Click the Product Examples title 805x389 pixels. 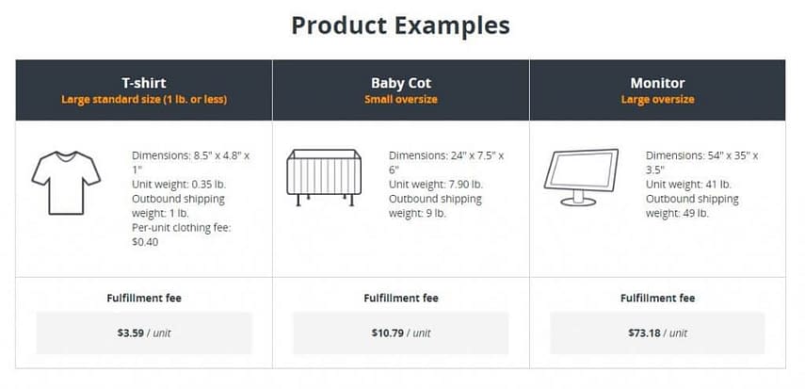400,25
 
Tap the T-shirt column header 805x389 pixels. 144,83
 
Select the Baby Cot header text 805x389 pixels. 401,83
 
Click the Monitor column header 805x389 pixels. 658,83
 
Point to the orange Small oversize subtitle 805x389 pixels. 401,99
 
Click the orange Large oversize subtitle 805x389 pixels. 658,99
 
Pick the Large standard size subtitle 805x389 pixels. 144,99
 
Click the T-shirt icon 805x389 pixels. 66,183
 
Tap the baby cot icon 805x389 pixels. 324,177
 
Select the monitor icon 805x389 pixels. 581,177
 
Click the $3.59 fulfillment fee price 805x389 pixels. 131,333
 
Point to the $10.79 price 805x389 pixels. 388,333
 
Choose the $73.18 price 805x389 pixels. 644,333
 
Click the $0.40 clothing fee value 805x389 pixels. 145,241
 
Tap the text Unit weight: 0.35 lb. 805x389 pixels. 179,184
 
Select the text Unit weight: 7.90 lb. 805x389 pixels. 436,184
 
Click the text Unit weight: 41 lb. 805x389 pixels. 688,184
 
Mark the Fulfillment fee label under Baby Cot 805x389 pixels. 401,298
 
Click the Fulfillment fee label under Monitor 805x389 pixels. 658,298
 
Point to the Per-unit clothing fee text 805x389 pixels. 181,227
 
